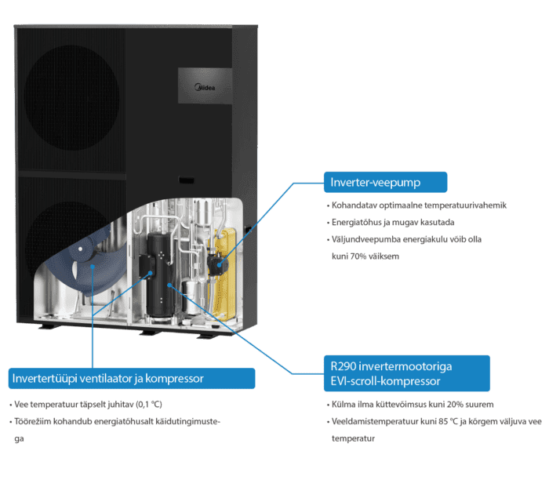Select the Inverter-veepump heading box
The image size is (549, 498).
[384, 183]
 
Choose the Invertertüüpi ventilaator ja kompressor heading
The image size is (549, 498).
[130, 379]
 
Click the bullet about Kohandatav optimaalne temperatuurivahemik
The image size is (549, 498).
[420, 205]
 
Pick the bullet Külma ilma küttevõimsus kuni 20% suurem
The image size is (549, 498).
[412, 405]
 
